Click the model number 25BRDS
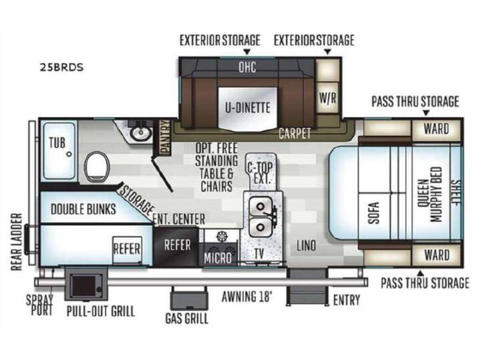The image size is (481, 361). [x=61, y=68]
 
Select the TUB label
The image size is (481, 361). [x=57, y=143]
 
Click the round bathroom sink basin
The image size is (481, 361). [x=141, y=133]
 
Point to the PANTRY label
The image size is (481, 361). [x=166, y=136]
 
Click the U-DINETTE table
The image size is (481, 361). [x=247, y=109]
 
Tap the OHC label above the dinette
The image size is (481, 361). [x=247, y=67]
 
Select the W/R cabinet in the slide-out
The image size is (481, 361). [x=327, y=98]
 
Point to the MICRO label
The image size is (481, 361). [x=218, y=258]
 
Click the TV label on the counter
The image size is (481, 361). [x=259, y=254]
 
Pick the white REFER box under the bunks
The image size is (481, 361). [x=127, y=249]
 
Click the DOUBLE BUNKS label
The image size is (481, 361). [x=84, y=209]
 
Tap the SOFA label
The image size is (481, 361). [x=374, y=213]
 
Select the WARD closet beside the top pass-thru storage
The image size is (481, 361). [x=436, y=129]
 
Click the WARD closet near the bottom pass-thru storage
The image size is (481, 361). [x=437, y=255]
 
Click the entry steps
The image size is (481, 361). [x=307, y=287]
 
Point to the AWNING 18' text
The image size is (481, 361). [x=247, y=297]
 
